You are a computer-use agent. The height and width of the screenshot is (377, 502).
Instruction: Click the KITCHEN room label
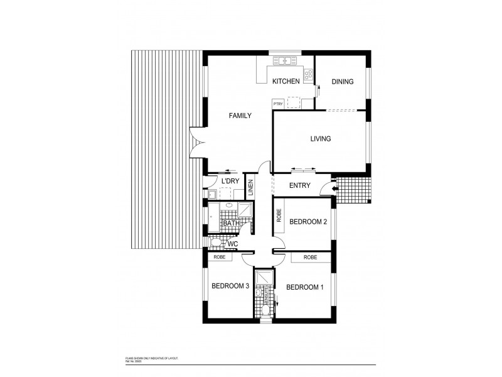[286, 82]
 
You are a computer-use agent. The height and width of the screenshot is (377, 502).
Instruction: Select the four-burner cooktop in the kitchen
[308, 74]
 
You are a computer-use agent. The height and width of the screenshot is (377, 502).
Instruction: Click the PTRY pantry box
[277, 104]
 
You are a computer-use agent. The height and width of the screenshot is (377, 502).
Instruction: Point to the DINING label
[343, 82]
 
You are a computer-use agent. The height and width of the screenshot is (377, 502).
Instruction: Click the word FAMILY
[240, 116]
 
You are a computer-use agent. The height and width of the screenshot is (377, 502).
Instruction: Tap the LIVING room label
[321, 139]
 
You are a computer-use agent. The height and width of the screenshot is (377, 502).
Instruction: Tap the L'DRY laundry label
[230, 181]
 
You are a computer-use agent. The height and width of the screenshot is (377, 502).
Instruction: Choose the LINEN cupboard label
[250, 188]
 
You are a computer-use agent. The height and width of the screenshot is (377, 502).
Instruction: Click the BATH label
[230, 223]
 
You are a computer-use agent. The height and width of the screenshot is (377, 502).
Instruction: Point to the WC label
[232, 243]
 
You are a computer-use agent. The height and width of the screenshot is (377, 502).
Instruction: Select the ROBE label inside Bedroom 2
[279, 217]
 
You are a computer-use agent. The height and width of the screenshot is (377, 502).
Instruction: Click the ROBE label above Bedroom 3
[219, 257]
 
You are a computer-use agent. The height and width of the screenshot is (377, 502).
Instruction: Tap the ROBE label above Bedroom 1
[309, 257]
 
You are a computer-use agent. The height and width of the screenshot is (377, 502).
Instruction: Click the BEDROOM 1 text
[305, 287]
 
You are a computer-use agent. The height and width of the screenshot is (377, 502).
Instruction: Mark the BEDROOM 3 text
[230, 286]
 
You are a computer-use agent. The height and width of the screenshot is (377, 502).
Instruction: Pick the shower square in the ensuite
[262, 277]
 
